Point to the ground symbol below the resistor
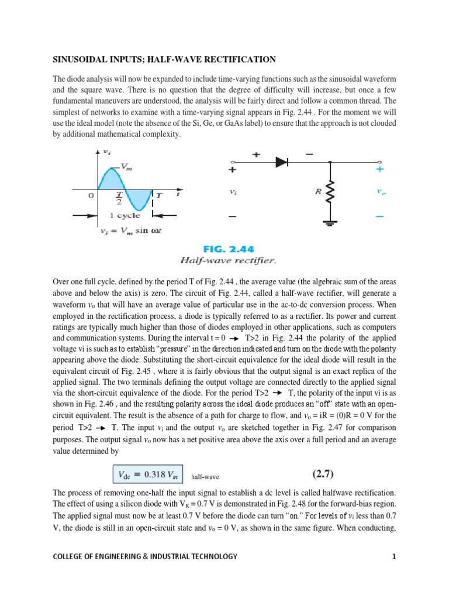[331, 223]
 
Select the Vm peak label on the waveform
[127, 167]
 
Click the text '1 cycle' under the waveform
[125, 215]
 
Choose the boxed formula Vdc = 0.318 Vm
[147, 473]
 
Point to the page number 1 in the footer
[394, 556]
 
